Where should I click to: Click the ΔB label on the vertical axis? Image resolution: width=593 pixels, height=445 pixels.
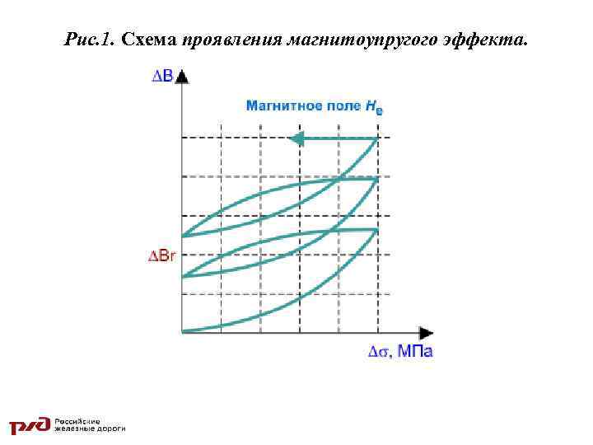[x=162, y=77]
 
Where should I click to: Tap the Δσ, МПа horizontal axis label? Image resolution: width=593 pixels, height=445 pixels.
[x=400, y=351]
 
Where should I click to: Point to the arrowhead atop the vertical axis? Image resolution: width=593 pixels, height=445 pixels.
[x=182, y=76]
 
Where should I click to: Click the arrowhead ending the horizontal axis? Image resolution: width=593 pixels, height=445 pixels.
[x=426, y=333]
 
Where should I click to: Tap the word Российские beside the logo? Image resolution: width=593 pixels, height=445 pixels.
[x=79, y=420]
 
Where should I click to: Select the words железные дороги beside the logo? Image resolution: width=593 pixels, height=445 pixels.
[x=90, y=429]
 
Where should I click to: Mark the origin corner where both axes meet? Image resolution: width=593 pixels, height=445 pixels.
[x=182, y=332]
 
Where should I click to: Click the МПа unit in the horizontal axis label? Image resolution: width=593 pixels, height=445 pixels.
[x=415, y=351]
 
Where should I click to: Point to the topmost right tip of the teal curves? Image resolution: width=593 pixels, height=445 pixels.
[x=377, y=138]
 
